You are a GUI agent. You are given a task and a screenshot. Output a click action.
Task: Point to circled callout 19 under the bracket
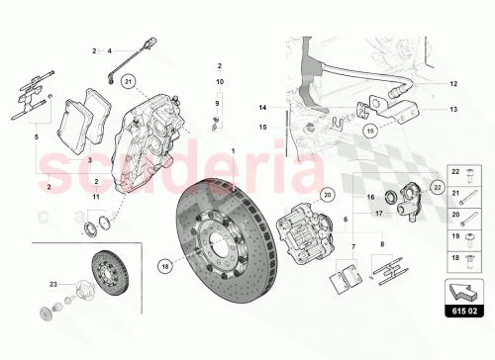(x=368, y=130)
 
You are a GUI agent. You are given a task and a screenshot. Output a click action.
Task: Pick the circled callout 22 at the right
(x=437, y=186)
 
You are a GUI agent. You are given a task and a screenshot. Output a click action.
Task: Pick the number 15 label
(x=263, y=127)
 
